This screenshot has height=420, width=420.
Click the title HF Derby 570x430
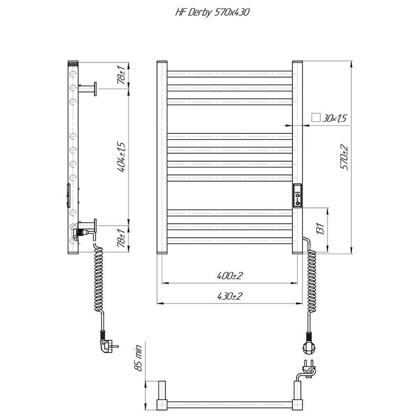[212, 13]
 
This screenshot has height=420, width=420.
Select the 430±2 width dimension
[230, 296]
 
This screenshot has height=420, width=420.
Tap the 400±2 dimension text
[230, 275]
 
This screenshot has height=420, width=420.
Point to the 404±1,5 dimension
[121, 156]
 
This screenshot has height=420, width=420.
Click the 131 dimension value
[320, 228]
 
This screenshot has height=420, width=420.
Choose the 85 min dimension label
[138, 358]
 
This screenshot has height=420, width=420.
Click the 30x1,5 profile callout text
[334, 118]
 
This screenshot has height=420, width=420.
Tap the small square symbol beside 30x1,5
[316, 117]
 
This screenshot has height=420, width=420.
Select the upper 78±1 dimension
[121, 75]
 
